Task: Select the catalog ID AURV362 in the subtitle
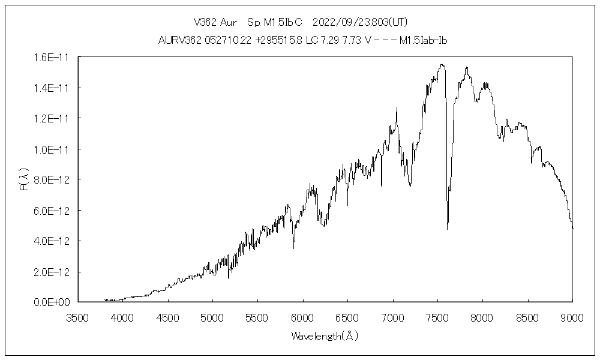pyautogui.click(x=179, y=41)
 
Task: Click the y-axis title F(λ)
pyautogui.click(x=25, y=179)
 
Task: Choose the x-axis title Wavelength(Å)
pyautogui.click(x=325, y=336)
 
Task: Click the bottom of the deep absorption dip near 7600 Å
pyautogui.click(x=448, y=229)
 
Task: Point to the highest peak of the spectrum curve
pyautogui.click(x=442, y=64)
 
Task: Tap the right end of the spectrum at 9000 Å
pyautogui.click(x=572, y=228)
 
